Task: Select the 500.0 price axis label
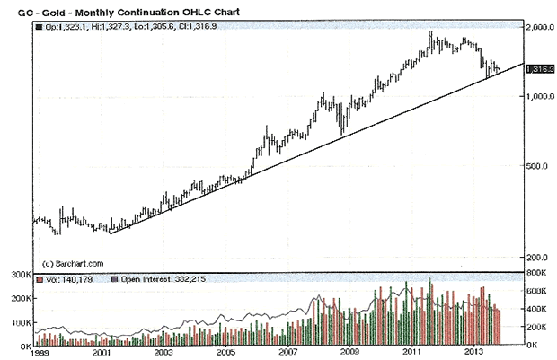click(x=537, y=166)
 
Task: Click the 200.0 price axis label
click(x=537, y=257)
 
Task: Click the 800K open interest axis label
click(x=537, y=271)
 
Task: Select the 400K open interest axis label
click(x=537, y=308)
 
